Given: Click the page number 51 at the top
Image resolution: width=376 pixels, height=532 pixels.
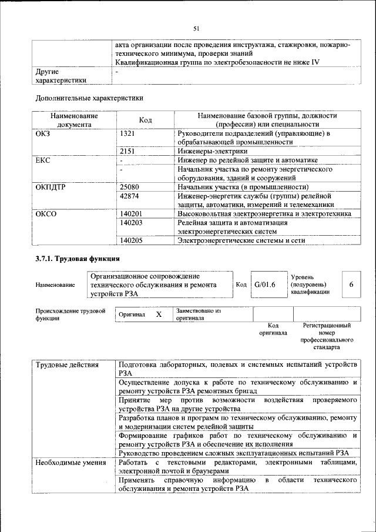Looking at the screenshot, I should pyautogui.click(x=196, y=28).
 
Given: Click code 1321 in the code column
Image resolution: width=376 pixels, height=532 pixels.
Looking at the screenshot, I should pyautogui.click(x=128, y=133).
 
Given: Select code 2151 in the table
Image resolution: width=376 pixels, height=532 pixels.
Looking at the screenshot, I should pyautogui.click(x=128, y=151).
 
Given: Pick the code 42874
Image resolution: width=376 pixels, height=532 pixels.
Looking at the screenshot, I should pyautogui.click(x=130, y=196).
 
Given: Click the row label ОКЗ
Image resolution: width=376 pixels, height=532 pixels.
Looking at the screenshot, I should pyautogui.click(x=43, y=133).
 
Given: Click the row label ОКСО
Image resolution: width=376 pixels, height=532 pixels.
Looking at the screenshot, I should pyautogui.click(x=46, y=214).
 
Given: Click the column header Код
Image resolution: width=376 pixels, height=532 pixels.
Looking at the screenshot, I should pyautogui.click(x=145, y=120).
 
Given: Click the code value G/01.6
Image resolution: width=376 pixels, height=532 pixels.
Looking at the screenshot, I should pyautogui.click(x=265, y=285).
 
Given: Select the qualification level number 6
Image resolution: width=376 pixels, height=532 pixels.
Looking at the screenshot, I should pyautogui.click(x=351, y=285).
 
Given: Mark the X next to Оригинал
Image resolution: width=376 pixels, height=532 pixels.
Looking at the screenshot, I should pyautogui.click(x=159, y=314).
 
